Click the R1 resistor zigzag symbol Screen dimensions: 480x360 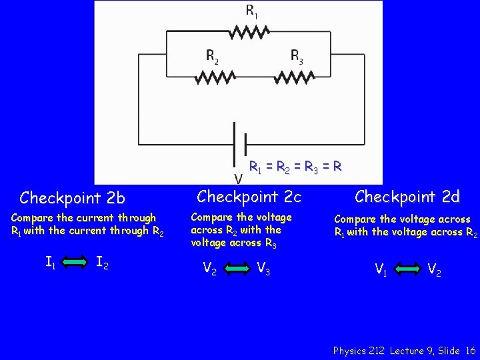pyautogui.click(x=249, y=31)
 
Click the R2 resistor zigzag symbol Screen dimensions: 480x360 pyautogui.click(x=215, y=77)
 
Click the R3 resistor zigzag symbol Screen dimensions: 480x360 pyautogui.click(x=299, y=77)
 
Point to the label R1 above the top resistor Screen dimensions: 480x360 pyautogui.click(x=251, y=10)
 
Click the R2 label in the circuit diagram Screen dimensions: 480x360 pyautogui.click(x=212, y=56)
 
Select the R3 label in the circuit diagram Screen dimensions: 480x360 pyautogui.click(x=297, y=56)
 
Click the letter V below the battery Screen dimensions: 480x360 pyautogui.click(x=237, y=178)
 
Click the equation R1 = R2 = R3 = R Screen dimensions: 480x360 pyautogui.click(x=295, y=167)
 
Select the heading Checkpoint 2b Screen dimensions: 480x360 pyautogui.click(x=73, y=198)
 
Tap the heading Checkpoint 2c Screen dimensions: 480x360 pyautogui.click(x=249, y=197)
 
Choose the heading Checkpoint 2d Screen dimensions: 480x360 pyautogui.click(x=407, y=197)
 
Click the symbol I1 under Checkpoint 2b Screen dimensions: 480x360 pyautogui.click(x=50, y=263)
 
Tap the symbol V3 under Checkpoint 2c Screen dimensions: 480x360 pyautogui.click(x=263, y=269)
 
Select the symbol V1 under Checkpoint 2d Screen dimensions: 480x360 pyautogui.click(x=381, y=270)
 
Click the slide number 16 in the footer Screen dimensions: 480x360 pyautogui.click(x=471, y=350)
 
